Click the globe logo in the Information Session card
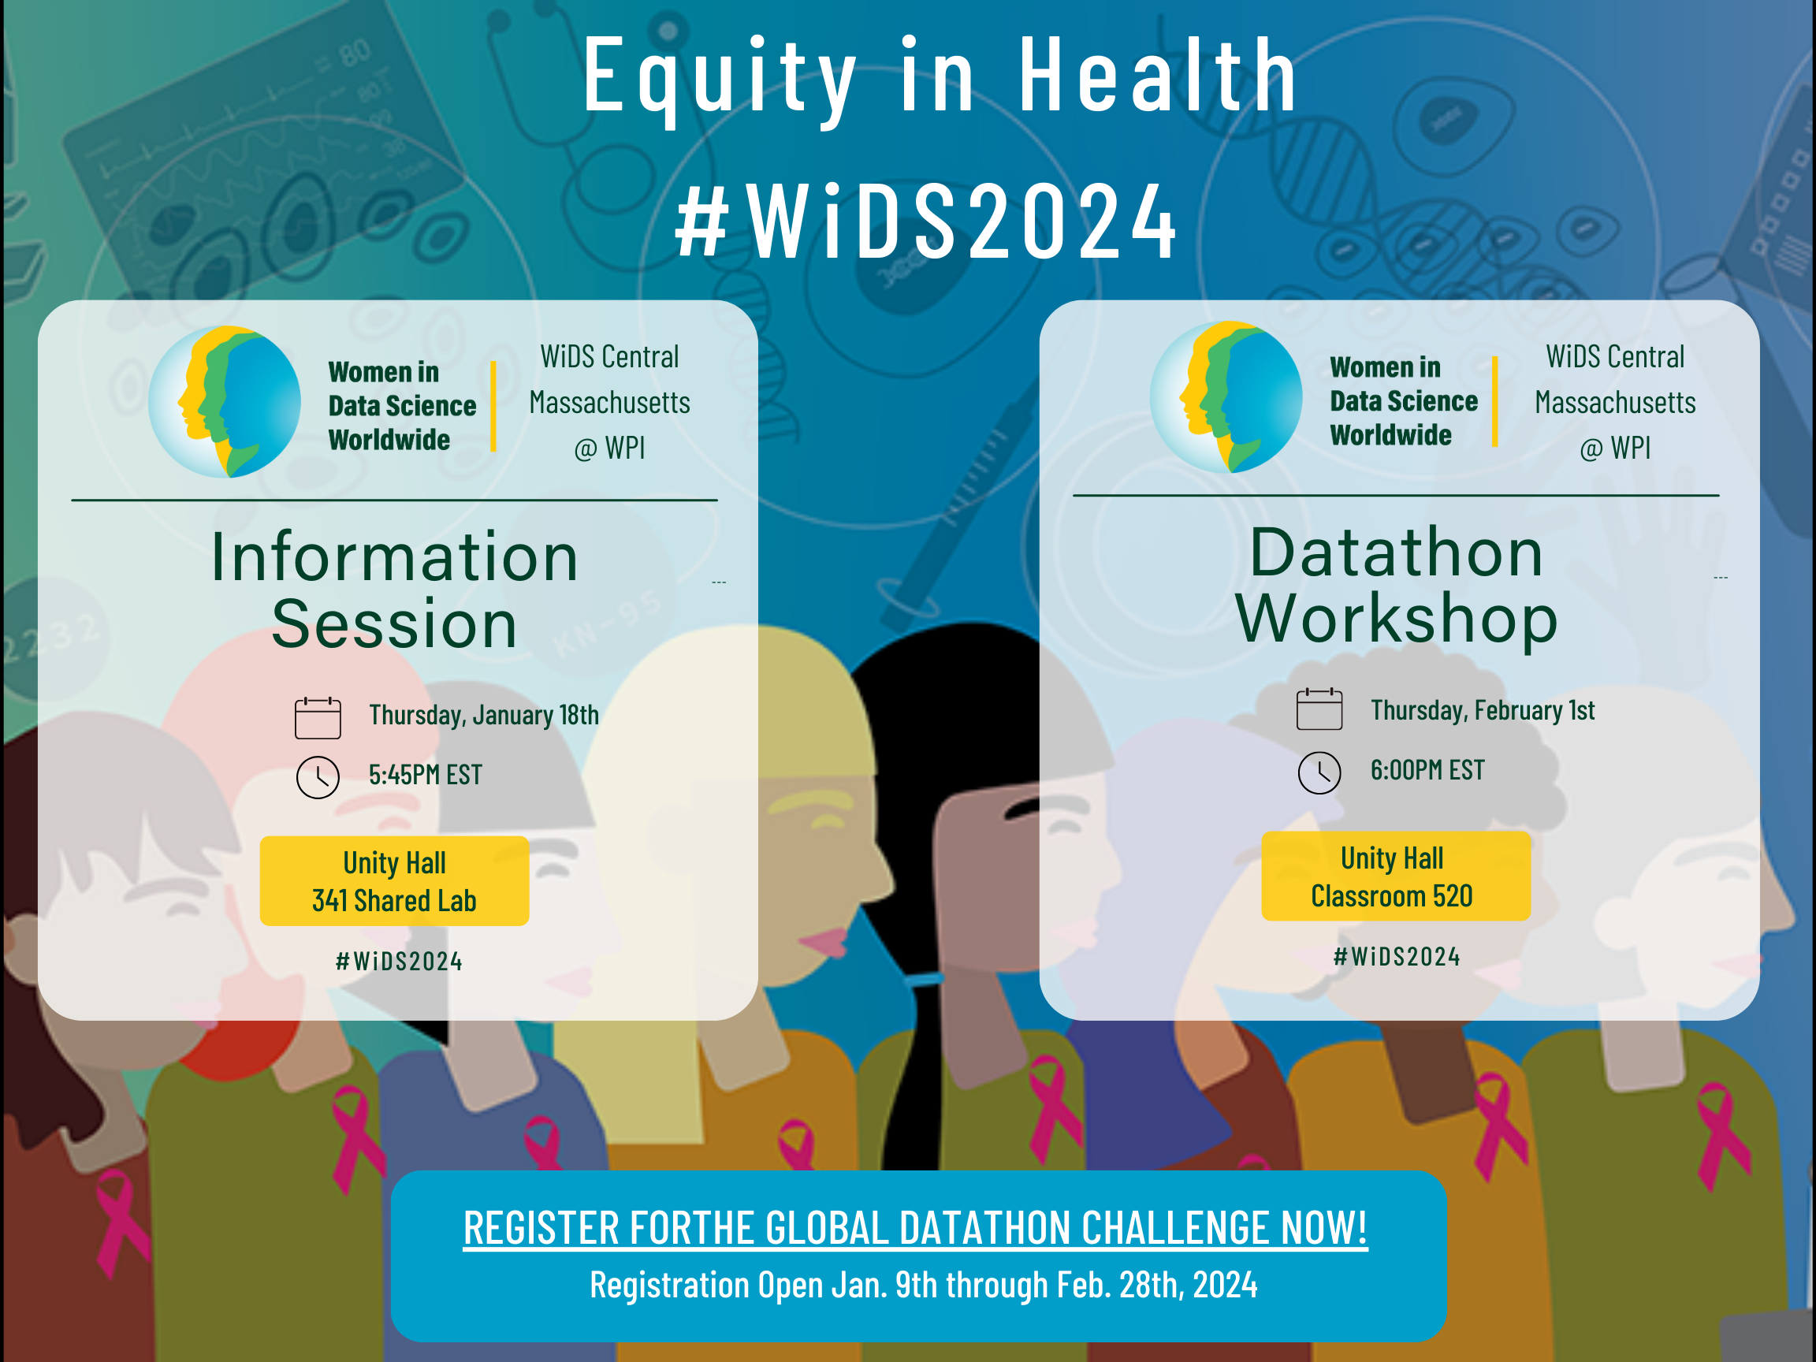point(224,401)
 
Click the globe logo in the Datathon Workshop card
point(1226,396)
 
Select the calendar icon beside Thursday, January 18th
point(318,717)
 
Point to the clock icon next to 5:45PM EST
point(318,777)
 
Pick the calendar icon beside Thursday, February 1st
point(1319,709)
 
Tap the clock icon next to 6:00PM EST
point(1319,772)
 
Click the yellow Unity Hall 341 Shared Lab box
point(394,881)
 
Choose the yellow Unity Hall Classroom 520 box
point(1396,876)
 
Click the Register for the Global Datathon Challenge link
point(915,1228)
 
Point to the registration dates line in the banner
point(924,1285)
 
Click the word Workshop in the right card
point(1397,619)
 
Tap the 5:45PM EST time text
point(426,775)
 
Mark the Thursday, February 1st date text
point(1483,710)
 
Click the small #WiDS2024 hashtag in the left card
point(399,962)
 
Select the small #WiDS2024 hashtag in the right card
point(1397,956)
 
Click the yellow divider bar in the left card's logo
point(493,406)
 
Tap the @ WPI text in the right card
point(1615,448)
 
